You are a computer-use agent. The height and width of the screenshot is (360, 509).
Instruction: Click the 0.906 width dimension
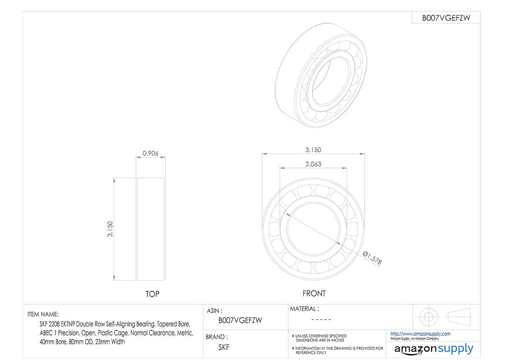pyautogui.click(x=151, y=153)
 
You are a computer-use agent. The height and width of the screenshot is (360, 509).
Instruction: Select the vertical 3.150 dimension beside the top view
pyautogui.click(x=110, y=229)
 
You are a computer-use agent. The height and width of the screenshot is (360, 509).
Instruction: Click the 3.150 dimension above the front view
pyautogui.click(x=313, y=150)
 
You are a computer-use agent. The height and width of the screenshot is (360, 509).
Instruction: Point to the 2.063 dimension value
pyautogui.click(x=313, y=164)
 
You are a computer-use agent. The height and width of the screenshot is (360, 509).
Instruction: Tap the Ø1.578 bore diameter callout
pyautogui.click(x=372, y=258)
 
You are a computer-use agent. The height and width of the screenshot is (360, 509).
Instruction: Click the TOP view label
pyautogui.click(x=153, y=294)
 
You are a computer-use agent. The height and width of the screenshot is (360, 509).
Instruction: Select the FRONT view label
pyautogui.click(x=314, y=293)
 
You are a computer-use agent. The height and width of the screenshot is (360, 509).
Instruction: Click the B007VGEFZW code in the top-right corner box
pyautogui.click(x=446, y=18)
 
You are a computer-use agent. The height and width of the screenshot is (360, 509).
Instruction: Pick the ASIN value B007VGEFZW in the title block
pyautogui.click(x=240, y=320)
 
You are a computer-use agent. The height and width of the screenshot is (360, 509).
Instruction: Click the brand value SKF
pyautogui.click(x=224, y=347)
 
